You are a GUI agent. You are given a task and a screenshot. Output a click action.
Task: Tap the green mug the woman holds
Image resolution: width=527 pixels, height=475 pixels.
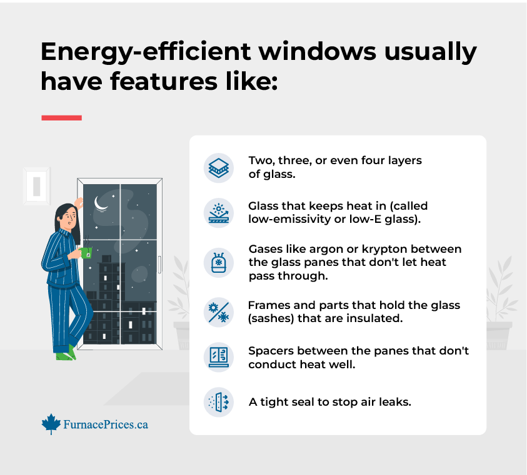86,253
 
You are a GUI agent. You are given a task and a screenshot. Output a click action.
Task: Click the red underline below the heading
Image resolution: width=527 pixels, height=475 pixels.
61,118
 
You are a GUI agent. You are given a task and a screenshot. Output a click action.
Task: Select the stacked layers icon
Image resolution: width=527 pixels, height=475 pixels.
218,168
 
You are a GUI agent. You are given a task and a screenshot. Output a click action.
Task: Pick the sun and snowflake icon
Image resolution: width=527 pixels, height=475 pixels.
218,312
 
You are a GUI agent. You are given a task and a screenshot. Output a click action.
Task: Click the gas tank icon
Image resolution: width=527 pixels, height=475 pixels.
218,263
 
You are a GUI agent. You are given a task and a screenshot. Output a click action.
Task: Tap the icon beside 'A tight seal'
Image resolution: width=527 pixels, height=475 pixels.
218,402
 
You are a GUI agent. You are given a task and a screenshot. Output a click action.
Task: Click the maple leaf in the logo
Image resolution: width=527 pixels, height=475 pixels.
51,424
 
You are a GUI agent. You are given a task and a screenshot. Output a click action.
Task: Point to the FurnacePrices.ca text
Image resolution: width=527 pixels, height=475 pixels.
106,424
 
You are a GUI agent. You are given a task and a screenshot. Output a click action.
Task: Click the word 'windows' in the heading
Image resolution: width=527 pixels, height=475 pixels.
317,51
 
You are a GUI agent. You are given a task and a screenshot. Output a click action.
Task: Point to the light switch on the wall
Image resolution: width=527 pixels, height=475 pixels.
37,186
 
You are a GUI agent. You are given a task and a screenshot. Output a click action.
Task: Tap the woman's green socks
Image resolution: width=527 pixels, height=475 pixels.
66,353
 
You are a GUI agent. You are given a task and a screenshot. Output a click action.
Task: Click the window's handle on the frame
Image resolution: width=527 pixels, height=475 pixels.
159,265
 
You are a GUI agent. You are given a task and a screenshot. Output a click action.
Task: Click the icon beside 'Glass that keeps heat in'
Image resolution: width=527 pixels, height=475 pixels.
218,213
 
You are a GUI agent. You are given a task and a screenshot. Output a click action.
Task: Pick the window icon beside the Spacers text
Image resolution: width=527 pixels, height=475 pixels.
218,357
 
